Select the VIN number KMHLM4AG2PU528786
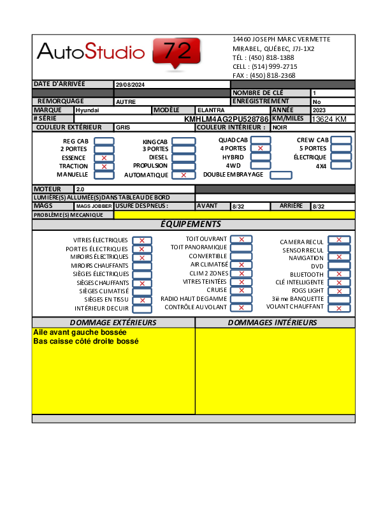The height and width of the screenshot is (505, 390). [226, 119]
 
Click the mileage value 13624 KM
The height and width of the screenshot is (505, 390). [329, 119]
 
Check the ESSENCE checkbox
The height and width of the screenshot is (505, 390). [104, 157]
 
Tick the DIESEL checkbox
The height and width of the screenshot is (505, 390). [184, 157]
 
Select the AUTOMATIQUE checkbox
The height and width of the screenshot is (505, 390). [184, 175]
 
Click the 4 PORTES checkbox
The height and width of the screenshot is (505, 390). [260, 149]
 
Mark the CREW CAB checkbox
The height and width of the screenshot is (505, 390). [341, 140]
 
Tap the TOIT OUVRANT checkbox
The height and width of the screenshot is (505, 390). [242, 239]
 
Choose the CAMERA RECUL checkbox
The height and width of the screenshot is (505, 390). [339, 240]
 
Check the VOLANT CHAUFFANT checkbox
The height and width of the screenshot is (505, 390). [339, 308]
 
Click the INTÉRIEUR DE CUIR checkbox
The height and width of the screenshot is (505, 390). [142, 309]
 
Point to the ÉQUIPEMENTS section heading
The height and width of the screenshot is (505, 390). [191, 224]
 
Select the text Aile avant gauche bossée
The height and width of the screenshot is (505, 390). [80, 333]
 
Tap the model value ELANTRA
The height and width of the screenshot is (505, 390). [211, 110]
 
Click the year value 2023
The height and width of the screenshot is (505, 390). [319, 110]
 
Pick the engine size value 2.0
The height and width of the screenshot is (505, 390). [80, 189]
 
